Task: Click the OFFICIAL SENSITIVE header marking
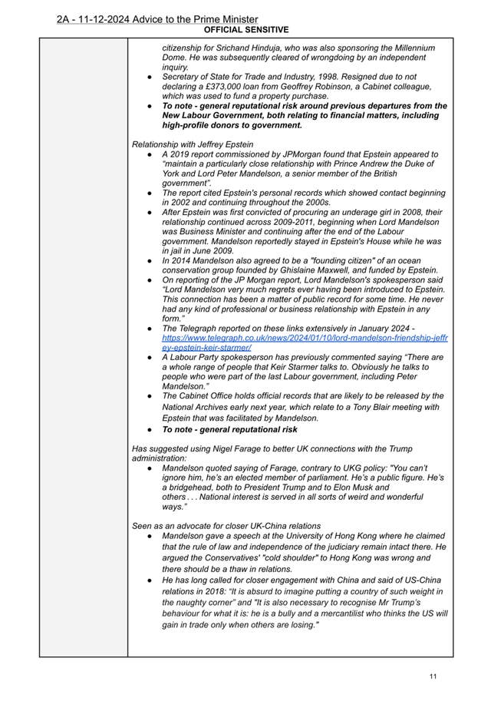coord(246,30)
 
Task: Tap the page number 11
coord(433,676)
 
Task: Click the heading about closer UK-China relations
coord(226,526)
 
